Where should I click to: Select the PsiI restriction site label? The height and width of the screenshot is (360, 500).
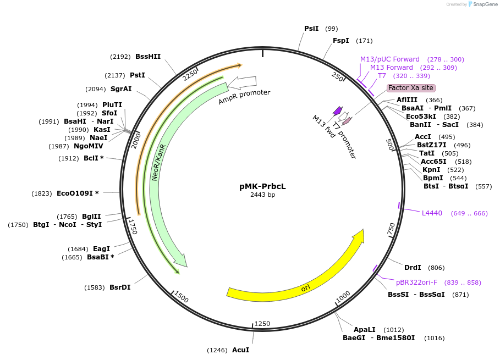(311, 29)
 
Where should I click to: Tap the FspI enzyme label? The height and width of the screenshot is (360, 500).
(341, 41)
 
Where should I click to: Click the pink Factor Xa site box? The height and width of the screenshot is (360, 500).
(411, 88)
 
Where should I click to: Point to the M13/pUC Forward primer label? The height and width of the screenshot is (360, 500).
(389, 59)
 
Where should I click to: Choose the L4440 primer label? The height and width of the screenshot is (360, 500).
(432, 213)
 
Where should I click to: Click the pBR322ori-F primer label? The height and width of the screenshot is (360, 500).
(416, 283)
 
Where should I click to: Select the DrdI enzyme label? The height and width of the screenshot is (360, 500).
(413, 268)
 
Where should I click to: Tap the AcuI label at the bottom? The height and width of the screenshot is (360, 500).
(240, 350)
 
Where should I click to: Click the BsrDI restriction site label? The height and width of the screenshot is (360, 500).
(120, 287)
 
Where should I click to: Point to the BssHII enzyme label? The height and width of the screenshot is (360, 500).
(148, 56)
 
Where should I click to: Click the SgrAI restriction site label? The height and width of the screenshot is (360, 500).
(121, 89)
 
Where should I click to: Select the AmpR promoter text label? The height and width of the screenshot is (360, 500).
(244, 97)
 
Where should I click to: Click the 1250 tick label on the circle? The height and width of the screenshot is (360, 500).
(262, 324)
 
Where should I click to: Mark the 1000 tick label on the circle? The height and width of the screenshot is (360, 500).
(343, 296)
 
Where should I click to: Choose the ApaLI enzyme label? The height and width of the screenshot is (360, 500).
(364, 329)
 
